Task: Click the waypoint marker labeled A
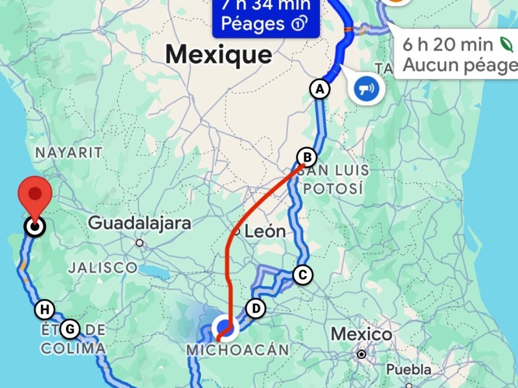(319, 89)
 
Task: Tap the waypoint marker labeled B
(306, 157)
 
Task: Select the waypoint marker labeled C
(302, 275)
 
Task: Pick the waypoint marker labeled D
(256, 308)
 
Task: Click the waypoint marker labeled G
(70, 329)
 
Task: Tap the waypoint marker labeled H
(44, 309)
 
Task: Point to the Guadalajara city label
(139, 224)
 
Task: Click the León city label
(265, 231)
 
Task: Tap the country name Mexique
(218, 54)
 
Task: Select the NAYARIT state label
(69, 153)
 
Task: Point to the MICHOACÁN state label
(237, 350)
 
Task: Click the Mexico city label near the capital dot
(361, 334)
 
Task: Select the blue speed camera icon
(366, 87)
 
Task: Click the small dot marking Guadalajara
(139, 243)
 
